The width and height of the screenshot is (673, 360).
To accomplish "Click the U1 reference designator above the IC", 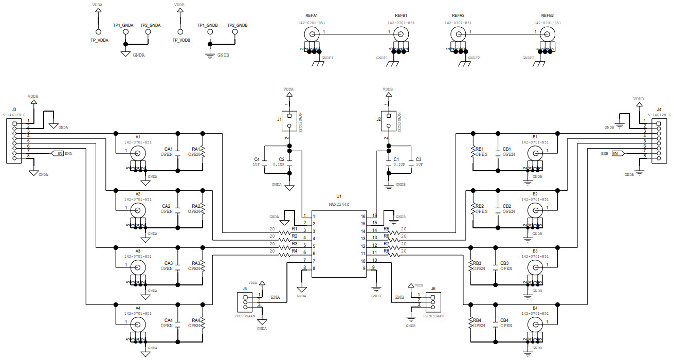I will click(338, 196).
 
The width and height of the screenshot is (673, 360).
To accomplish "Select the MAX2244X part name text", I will click(339, 204).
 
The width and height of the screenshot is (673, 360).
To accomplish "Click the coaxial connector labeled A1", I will click(138, 153).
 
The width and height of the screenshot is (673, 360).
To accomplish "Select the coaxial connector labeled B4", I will click(535, 324).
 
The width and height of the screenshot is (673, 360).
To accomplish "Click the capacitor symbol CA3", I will click(177, 266).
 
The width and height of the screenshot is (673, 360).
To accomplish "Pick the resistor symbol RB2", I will click(472, 209).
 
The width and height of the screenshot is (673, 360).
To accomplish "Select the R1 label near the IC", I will click(295, 228).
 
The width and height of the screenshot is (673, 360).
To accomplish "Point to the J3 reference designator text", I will click(14, 109).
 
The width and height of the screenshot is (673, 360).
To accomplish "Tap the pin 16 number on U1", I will click(374, 215).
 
